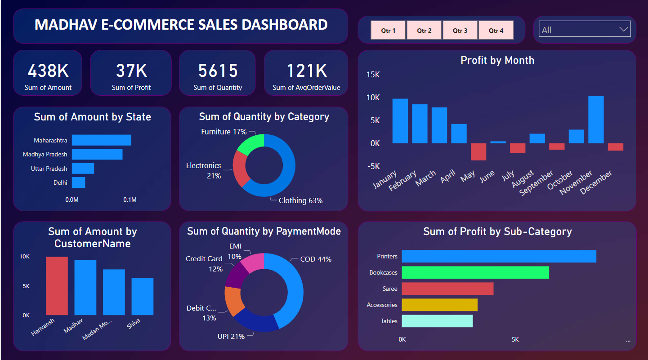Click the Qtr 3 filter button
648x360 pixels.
(x=460, y=31)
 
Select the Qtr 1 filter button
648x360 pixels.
(x=388, y=31)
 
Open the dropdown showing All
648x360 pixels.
(x=585, y=30)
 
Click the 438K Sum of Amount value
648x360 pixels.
(x=48, y=71)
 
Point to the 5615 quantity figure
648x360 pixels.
(x=218, y=71)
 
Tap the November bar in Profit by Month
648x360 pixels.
(x=596, y=120)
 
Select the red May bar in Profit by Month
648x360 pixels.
(x=478, y=151)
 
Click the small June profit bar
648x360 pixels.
(x=498, y=142)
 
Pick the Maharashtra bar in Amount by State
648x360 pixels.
(x=102, y=140)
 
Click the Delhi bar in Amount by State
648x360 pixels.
(x=79, y=182)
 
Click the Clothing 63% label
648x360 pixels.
(x=300, y=200)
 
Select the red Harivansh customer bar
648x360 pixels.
(x=57, y=286)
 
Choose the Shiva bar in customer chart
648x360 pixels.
(x=143, y=296)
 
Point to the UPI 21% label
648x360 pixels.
(x=231, y=336)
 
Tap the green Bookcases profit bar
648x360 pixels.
(x=475, y=272)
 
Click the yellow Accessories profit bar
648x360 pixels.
(x=439, y=305)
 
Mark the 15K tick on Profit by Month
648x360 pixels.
(x=373, y=75)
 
